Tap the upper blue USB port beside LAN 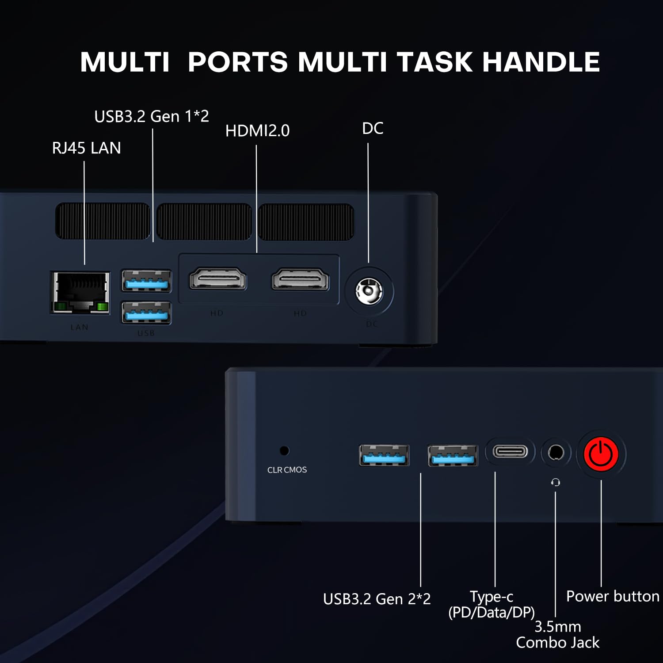click(x=147, y=281)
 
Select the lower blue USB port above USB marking click(x=147, y=312)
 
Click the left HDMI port click(x=218, y=279)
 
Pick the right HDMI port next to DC click(x=301, y=279)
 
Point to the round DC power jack click(x=369, y=292)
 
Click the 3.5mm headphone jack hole click(x=556, y=453)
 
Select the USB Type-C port click(x=510, y=452)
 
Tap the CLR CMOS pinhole click(x=285, y=450)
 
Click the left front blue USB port click(x=384, y=455)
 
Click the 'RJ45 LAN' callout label click(x=87, y=148)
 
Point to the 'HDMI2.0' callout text click(x=257, y=131)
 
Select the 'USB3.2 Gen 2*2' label click(x=377, y=599)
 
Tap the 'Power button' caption click(x=613, y=596)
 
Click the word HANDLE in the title click(x=541, y=62)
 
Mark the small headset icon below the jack click(x=556, y=482)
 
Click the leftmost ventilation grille click(x=103, y=221)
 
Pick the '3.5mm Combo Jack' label click(x=558, y=634)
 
